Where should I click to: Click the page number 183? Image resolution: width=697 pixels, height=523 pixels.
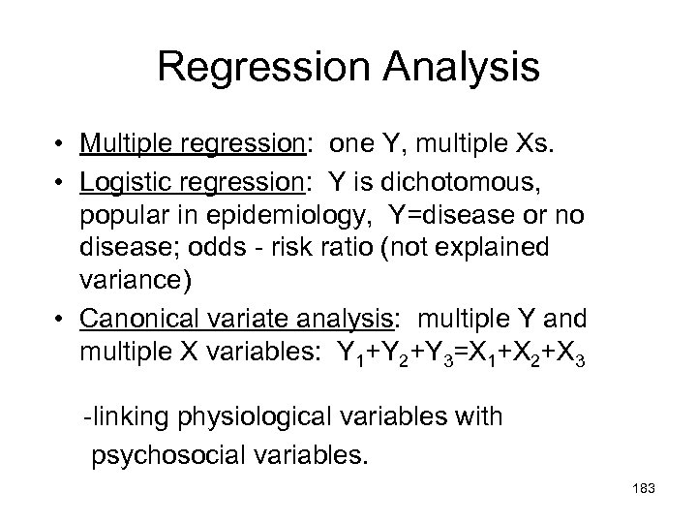642,489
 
